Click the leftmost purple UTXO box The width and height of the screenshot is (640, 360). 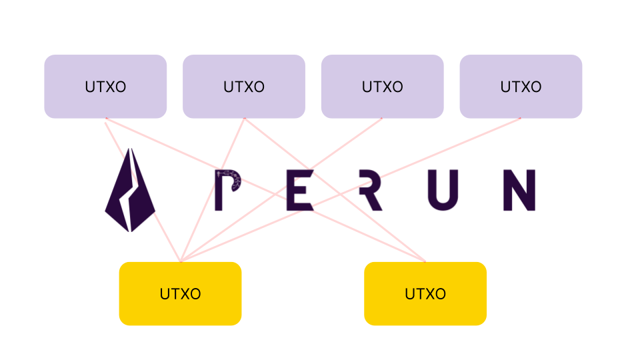coord(105,87)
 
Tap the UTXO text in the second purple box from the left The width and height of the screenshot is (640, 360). coord(244,87)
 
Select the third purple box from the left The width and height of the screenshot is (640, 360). coord(382,87)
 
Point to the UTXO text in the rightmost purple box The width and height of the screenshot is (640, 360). coord(521,87)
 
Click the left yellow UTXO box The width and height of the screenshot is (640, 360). coord(180,293)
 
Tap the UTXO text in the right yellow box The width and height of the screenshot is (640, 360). coord(425,294)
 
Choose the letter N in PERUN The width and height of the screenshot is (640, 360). coord(519,191)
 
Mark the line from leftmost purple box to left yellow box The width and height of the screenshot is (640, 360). coord(117,141)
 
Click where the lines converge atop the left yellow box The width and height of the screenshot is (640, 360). coord(180,261)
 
